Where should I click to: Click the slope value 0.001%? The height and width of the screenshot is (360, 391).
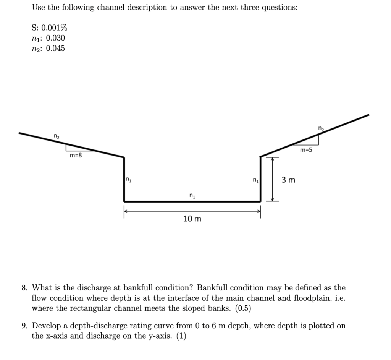54,28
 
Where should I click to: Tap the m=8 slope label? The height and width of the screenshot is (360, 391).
76,155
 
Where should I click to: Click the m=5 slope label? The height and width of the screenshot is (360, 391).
306,150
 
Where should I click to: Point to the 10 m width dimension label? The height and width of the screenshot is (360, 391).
192,219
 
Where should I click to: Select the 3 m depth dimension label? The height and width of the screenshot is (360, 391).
288,180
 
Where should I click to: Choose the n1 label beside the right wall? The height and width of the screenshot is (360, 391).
255,180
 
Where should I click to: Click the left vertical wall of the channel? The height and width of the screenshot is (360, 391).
124,179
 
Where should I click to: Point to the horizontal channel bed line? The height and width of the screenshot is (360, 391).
192,201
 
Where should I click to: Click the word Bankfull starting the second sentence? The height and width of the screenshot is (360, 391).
212,288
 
